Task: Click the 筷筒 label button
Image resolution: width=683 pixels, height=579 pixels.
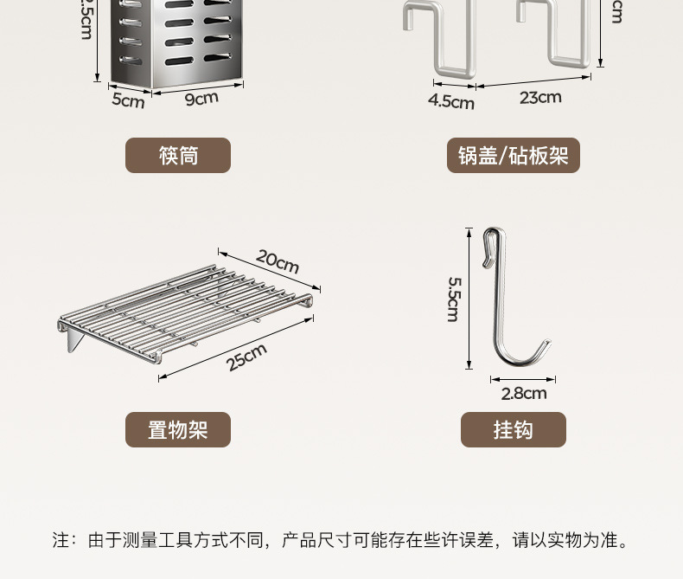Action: tap(178, 156)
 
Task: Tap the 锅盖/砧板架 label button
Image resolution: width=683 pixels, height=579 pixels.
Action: tap(513, 156)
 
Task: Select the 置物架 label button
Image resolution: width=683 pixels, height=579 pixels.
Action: tap(178, 429)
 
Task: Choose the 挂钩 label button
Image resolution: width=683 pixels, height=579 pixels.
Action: tap(513, 429)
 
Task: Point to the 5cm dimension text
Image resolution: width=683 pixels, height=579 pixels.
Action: tap(128, 100)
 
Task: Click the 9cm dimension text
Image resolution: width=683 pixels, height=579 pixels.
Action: tap(201, 98)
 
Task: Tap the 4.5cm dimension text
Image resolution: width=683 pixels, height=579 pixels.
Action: tap(451, 101)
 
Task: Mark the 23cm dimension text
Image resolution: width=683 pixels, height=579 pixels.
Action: tap(540, 97)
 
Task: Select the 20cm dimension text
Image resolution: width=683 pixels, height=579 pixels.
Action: tap(278, 261)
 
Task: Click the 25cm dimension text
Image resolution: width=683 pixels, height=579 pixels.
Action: tap(246, 357)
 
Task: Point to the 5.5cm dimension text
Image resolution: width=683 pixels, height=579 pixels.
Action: tap(453, 299)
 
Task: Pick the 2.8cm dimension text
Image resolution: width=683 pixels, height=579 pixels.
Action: tap(524, 394)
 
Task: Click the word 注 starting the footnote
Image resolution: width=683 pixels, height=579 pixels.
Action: tap(61, 541)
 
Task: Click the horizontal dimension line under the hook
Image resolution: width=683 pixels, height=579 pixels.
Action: tap(523, 378)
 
